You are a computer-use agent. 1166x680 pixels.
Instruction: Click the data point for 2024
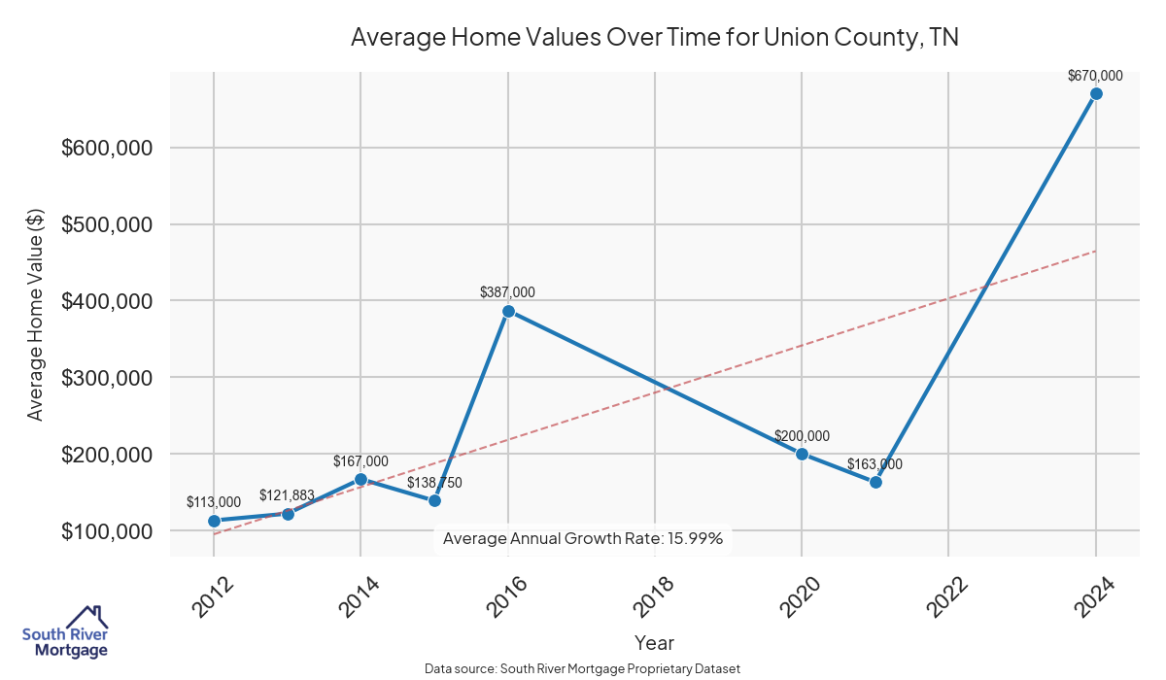[1096, 93]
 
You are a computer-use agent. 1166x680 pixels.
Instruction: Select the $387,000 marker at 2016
[507, 312]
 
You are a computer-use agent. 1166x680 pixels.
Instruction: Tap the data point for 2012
[214, 521]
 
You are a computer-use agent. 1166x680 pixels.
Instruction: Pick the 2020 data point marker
[802, 454]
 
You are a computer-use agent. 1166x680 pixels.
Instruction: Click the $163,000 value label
[874, 464]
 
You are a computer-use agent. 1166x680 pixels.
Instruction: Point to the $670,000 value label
[1095, 75]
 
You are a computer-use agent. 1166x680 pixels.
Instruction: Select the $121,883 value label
[287, 495]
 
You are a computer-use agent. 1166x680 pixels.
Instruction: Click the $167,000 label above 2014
[360, 461]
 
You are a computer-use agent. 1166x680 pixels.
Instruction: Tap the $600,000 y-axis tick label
[106, 148]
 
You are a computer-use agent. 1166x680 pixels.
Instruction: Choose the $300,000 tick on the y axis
[106, 378]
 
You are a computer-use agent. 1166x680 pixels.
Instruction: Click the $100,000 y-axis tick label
[106, 531]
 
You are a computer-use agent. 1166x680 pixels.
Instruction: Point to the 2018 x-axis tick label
[653, 595]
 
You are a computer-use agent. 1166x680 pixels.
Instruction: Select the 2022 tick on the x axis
[946, 595]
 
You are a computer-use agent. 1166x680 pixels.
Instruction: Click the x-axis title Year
[654, 642]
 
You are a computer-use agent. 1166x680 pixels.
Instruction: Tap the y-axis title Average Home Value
[35, 315]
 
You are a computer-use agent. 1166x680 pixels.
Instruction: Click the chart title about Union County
[654, 38]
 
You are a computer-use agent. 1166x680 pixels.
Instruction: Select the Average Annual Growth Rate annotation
[583, 538]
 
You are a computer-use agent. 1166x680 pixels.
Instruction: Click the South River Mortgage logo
[65, 632]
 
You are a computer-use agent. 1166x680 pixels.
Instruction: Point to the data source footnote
[582, 669]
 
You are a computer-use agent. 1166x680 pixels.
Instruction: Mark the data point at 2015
[434, 500]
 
